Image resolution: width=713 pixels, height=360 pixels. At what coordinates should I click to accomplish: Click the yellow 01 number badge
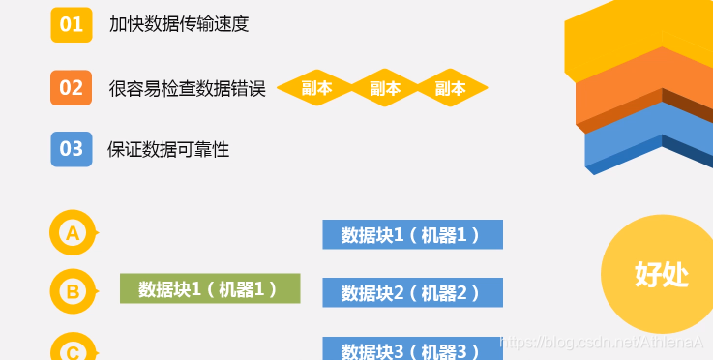click(72, 24)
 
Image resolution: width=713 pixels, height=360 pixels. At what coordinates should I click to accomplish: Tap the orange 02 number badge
click(72, 87)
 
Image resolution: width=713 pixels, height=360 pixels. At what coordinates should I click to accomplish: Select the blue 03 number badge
click(72, 149)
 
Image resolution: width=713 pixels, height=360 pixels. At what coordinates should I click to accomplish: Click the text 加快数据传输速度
click(180, 24)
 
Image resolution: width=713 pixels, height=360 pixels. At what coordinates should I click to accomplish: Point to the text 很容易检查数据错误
click(188, 88)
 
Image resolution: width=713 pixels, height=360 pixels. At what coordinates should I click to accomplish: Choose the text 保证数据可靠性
click(168, 150)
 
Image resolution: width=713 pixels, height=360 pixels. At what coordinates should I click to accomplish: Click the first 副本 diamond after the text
click(316, 88)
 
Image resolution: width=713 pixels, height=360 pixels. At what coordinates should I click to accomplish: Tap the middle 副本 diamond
click(385, 88)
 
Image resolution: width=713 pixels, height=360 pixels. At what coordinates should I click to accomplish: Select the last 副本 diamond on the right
click(450, 88)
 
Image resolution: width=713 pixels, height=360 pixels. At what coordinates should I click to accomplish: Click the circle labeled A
click(73, 233)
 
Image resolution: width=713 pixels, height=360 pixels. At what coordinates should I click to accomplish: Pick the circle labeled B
click(73, 290)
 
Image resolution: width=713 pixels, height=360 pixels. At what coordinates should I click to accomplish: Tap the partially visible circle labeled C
click(73, 347)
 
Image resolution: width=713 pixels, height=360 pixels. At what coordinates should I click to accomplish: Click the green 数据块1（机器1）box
click(210, 288)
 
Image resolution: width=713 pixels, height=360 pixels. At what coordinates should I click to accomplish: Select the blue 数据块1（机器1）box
click(412, 234)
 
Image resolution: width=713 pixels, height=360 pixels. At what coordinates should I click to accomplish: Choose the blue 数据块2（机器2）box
click(412, 292)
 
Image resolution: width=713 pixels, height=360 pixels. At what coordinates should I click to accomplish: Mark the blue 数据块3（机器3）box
click(412, 349)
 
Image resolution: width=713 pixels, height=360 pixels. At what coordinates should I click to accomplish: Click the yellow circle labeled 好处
click(661, 274)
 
